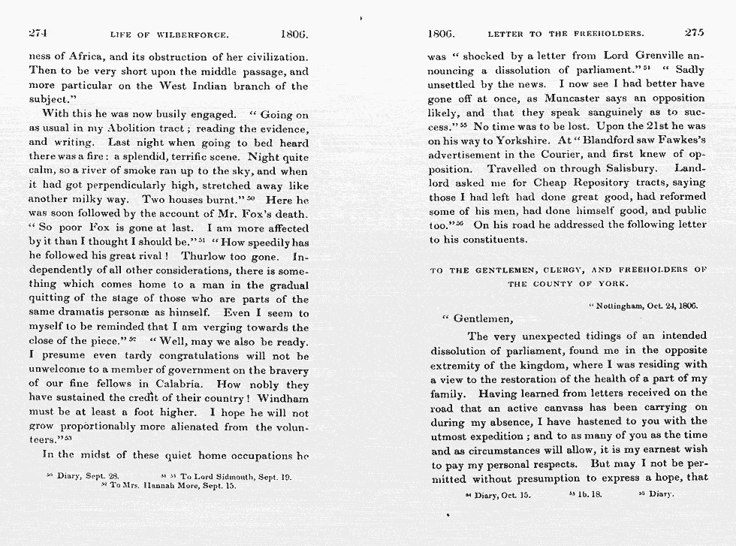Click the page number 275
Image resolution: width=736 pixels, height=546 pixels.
(695, 33)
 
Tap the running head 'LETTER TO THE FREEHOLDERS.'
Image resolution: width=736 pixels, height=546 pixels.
(566, 34)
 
